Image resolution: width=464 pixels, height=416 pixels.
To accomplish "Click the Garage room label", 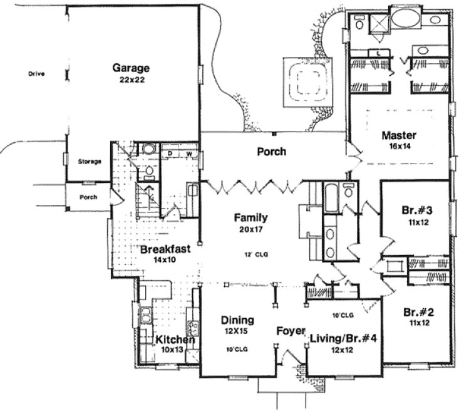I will tap(131, 68).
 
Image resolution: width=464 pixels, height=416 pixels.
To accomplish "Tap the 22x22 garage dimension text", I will tap(131, 80).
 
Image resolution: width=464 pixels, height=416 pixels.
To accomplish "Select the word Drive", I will tap(37, 74).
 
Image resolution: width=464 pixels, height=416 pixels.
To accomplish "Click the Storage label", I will tap(90, 162).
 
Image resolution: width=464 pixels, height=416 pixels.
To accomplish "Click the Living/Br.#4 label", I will tap(343, 339).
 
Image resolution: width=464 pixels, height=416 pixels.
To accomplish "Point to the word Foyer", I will tap(291, 330).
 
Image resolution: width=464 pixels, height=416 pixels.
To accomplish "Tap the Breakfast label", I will tap(165, 249).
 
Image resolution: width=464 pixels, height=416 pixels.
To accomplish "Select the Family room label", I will tap(251, 218).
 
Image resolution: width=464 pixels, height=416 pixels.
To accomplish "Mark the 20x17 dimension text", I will tap(251, 230).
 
